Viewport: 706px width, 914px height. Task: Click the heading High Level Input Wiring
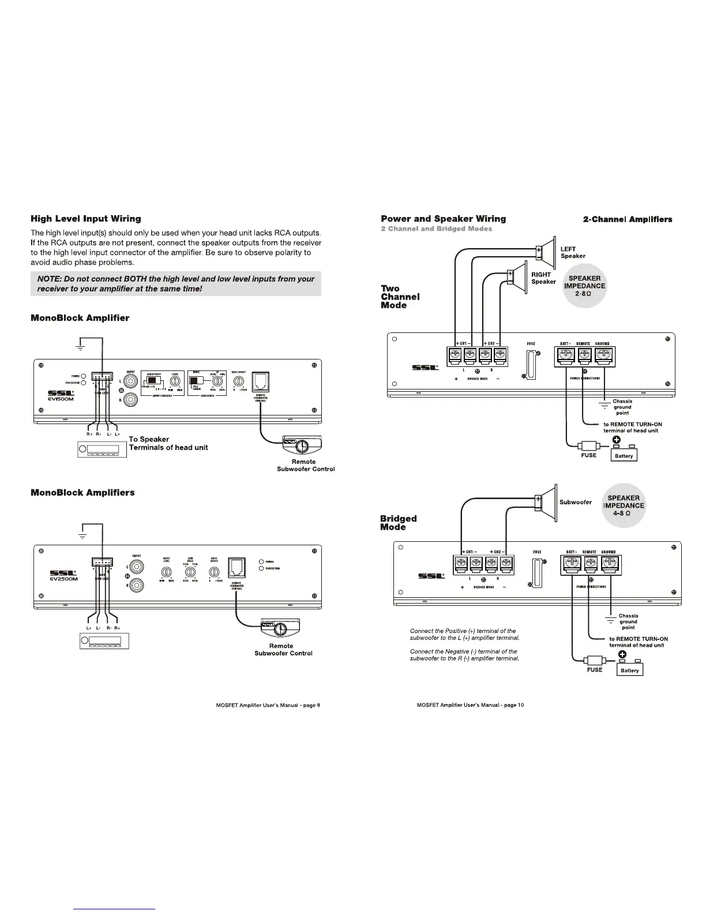point(85,219)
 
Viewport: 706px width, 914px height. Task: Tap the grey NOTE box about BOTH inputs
point(175,283)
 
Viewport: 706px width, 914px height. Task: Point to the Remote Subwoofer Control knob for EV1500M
point(301,447)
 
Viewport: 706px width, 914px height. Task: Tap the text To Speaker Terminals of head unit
point(168,443)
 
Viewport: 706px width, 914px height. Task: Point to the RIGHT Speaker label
point(543,278)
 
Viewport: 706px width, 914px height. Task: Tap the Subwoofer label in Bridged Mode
point(575,502)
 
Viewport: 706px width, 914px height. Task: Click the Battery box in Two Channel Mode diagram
point(624,456)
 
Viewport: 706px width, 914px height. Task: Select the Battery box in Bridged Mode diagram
point(630,670)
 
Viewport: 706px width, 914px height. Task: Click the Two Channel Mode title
point(400,297)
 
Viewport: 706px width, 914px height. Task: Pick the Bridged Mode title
point(398,522)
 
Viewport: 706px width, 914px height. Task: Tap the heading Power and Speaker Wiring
point(443,219)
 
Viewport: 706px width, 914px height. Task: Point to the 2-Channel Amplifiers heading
point(627,219)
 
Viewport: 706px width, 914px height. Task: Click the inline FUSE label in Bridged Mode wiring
point(594,670)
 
